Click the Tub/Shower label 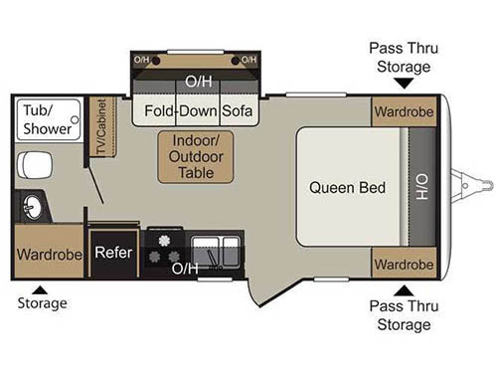coord(48,120)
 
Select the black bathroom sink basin coord(29,207)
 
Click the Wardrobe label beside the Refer coord(49,253)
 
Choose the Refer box coord(114,252)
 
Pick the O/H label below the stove coord(184,269)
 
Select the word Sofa coord(238,110)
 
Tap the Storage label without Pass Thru coord(42,302)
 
